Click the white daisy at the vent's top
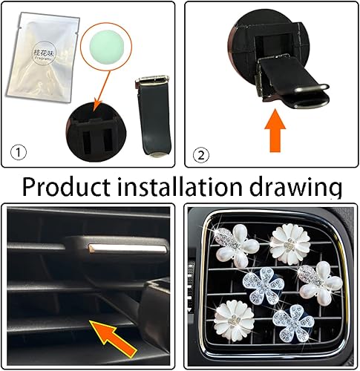click(x=286, y=242)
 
